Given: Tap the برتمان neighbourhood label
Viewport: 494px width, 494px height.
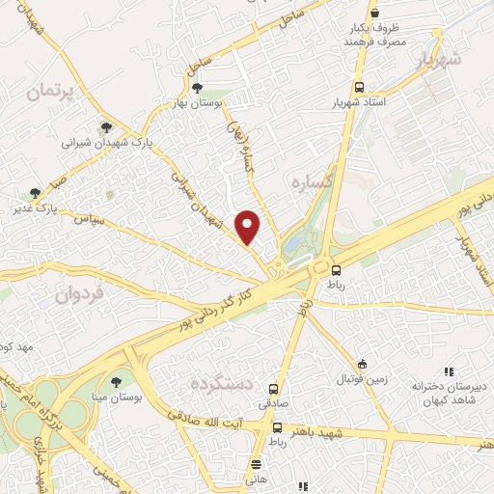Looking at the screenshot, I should (50, 93).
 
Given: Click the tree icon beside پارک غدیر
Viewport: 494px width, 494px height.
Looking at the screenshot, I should (36, 193).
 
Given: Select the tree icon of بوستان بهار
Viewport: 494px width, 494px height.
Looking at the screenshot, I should (198, 88).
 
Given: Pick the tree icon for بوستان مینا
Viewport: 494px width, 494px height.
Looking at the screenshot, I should (117, 384).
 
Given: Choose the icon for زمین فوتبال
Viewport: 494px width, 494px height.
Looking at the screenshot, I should (362, 364).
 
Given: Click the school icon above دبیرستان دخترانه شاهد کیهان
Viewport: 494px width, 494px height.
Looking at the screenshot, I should (448, 371).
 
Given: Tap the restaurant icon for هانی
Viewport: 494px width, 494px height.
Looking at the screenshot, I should (255, 463).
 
